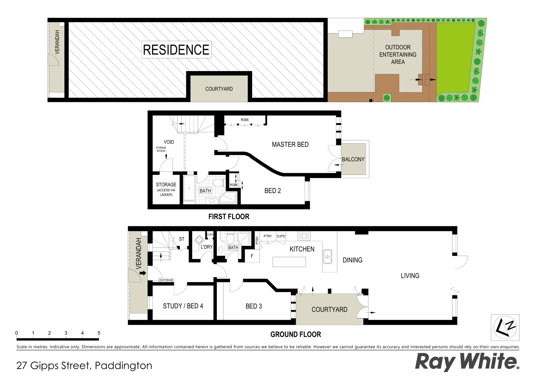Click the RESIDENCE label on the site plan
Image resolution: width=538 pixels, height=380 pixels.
176,50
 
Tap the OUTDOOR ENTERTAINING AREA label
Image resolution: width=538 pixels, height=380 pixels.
398,55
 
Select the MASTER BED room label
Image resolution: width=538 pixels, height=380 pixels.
290,144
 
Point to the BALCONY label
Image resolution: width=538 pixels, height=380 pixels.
353,159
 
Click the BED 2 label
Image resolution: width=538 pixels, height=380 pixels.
273,191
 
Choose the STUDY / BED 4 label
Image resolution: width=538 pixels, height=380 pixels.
183,306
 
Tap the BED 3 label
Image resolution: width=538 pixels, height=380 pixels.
254,306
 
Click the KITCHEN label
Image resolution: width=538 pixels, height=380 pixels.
302,249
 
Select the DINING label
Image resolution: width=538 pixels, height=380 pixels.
352,260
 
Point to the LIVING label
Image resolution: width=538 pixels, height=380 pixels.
410,276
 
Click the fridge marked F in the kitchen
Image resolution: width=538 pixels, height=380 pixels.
252,256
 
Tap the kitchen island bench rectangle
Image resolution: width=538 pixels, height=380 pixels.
289,262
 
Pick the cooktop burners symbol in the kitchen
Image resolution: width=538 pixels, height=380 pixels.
304,236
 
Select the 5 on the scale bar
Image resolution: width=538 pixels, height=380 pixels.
99,333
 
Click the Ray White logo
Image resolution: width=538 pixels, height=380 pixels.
467,362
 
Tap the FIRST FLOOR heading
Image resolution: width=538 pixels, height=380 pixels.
229,217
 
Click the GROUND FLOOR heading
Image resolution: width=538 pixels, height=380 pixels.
295,334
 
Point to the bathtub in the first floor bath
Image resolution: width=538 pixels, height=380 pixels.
189,189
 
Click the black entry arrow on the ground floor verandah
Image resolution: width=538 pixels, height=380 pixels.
143,272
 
